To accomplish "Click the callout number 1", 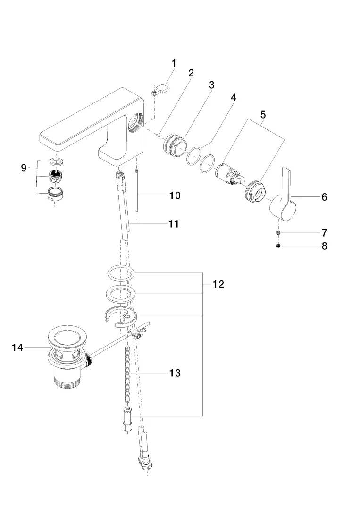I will coord(174,63).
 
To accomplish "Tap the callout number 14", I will coord(17,348).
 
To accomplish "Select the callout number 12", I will coord(218,284).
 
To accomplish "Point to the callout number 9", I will coord(24,168).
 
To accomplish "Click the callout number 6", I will coord(324,197).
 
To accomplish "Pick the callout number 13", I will coord(175,373).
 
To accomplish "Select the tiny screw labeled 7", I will coord(279,233).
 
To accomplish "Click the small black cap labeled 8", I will coord(279,246).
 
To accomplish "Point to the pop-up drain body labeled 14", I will coord(66,357).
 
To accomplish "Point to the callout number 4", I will coord(233,97).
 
